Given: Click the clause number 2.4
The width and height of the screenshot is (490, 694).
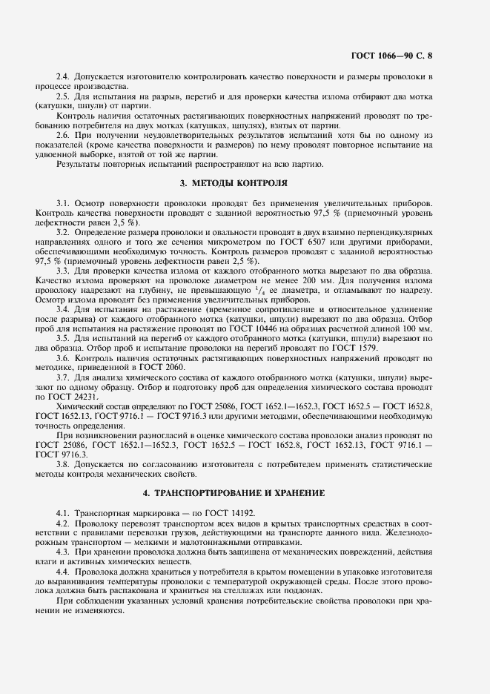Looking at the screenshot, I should pos(63,76).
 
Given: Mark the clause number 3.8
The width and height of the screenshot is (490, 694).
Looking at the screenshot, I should pos(63,463).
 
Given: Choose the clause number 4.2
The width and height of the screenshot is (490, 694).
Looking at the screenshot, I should pos(63,523).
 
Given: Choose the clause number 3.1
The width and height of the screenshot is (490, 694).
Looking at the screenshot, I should pos(63,202).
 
